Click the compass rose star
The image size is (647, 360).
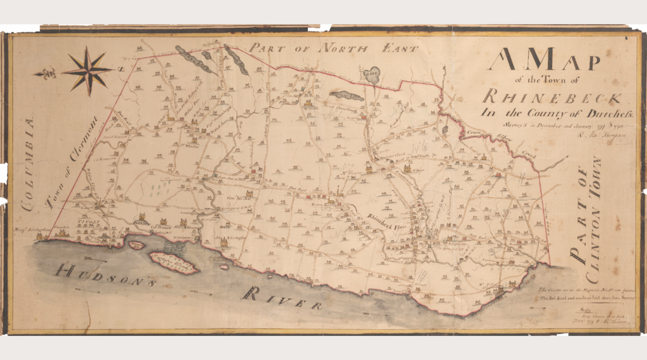(89, 70)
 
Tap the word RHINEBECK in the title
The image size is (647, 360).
(552, 98)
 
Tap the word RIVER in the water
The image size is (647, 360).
(281, 297)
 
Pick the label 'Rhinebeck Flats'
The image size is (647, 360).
(388, 220)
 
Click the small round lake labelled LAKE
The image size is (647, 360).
(371, 76)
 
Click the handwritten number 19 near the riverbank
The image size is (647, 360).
(421, 275)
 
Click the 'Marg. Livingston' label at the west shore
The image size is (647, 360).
(28, 229)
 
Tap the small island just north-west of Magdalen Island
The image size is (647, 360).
(137, 245)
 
